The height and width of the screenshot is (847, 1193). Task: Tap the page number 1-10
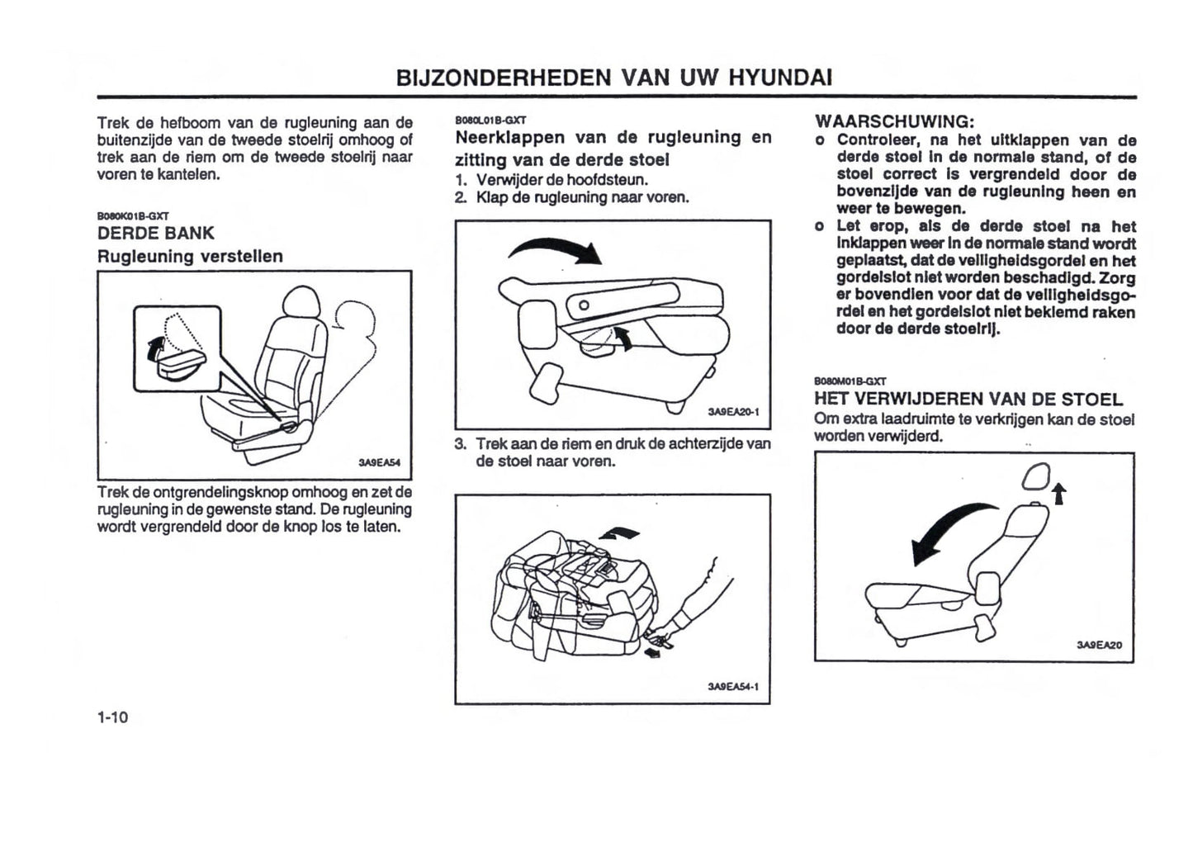coord(112,717)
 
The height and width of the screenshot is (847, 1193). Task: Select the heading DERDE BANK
coord(155,233)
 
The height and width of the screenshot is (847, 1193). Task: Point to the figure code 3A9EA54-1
coord(732,686)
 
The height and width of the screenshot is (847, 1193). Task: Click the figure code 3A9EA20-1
coord(732,412)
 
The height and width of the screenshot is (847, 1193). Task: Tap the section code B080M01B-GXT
coord(850,381)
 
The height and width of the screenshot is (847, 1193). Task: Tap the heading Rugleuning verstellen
coord(190,256)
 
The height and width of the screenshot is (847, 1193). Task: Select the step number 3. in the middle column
coord(461,443)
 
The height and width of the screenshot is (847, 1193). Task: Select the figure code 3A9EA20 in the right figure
coord(1099,645)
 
